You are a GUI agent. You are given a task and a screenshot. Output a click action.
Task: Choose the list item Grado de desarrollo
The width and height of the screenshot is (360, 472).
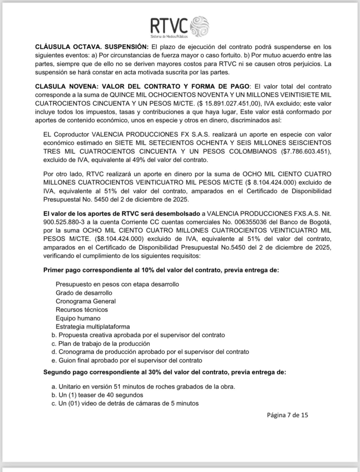[x=83, y=293]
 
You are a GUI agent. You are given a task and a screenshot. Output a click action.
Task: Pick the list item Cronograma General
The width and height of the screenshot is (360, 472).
[x=86, y=301]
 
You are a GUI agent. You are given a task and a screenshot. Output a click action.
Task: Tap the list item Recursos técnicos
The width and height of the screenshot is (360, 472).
[x=82, y=309]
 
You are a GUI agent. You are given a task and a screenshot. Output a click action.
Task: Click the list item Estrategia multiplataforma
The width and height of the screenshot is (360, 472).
[x=92, y=326]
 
